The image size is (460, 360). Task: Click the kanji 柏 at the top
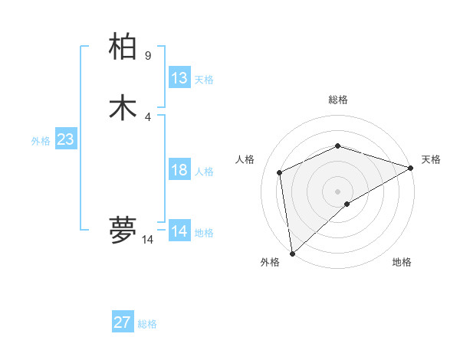point(123,47)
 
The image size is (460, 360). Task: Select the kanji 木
point(123,107)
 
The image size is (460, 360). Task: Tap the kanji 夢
point(123,230)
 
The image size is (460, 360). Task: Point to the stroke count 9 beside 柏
point(148,55)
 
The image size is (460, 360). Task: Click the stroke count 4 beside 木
point(148,116)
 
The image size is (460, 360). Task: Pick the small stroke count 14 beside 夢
point(147,240)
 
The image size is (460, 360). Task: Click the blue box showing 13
point(179,78)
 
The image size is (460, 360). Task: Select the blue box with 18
point(179,170)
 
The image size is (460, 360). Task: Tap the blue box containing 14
point(179,231)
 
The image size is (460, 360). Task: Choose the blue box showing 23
point(65,139)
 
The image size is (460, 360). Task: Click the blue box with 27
point(123,322)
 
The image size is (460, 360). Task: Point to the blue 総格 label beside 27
point(147,324)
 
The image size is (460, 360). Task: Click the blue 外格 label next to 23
point(41,141)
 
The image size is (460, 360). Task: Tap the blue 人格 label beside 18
point(204,172)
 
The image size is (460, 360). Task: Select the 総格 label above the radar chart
point(337,100)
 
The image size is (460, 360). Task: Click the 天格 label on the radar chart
point(431,159)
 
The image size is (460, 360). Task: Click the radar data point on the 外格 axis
point(292,253)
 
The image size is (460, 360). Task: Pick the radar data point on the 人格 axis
point(280,172)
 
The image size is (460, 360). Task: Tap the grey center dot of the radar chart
point(337,191)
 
